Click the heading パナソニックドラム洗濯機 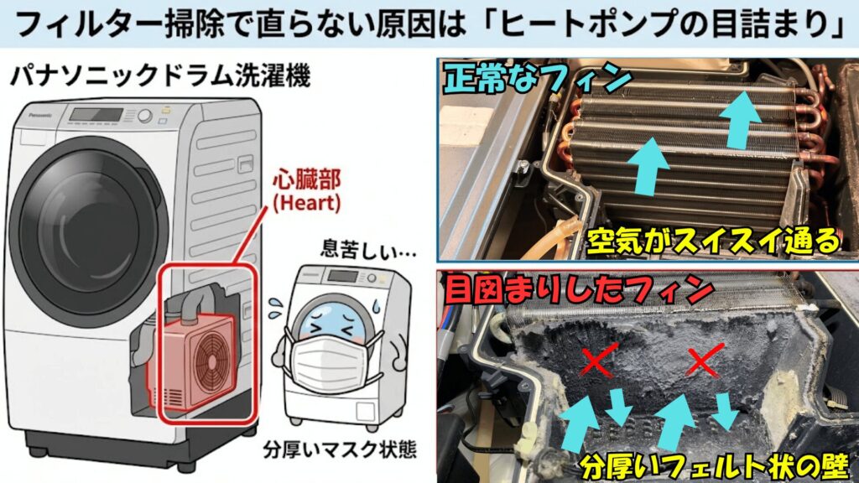pos(159,79)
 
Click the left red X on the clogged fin pos(596,361)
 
